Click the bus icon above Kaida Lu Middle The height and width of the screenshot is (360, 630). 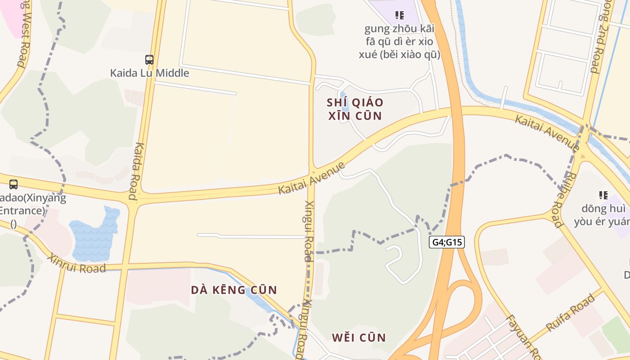149,59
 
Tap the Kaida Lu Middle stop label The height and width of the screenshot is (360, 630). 149,73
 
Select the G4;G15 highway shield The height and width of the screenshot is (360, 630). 447,242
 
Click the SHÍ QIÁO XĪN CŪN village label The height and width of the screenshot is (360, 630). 355,109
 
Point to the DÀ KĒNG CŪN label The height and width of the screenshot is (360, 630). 234,290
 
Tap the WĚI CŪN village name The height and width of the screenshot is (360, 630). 359,337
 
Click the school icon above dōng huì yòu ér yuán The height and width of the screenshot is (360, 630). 603,195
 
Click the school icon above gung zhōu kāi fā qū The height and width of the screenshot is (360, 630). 399,15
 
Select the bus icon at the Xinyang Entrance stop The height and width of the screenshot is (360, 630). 13,184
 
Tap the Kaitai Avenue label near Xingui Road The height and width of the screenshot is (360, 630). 311,178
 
